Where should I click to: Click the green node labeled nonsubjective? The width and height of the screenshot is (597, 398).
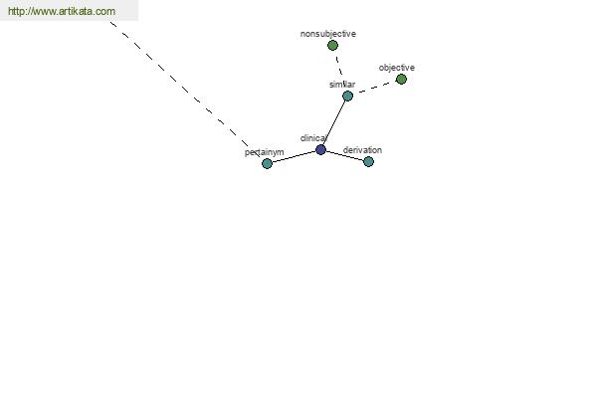tap(332, 46)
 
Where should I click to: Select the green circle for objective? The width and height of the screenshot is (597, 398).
tap(401, 80)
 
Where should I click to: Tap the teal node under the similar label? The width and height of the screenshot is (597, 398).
tap(347, 96)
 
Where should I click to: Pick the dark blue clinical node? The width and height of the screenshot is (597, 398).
tap(321, 149)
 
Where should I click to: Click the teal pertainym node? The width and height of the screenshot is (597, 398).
tap(267, 164)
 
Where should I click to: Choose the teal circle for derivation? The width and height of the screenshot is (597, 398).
tap(368, 162)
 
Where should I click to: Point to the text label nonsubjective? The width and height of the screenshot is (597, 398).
tap(328, 34)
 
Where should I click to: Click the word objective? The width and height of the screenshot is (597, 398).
tap(397, 68)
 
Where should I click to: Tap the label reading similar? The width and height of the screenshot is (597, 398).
tap(342, 85)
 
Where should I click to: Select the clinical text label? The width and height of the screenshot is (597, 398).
tap(313, 138)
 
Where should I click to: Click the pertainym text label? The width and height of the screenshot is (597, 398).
tap(265, 152)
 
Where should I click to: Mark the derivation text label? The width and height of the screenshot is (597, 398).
tap(362, 150)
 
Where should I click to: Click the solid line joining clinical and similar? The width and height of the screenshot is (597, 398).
tap(334, 122)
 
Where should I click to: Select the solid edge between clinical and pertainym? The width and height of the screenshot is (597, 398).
tap(294, 157)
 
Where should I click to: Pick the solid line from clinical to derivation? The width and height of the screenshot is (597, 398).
tap(344, 156)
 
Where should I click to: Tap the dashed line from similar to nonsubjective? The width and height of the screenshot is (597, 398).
tap(339, 66)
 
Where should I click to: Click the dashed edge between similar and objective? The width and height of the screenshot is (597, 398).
tap(375, 88)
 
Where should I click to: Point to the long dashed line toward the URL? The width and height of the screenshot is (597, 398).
tap(185, 90)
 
